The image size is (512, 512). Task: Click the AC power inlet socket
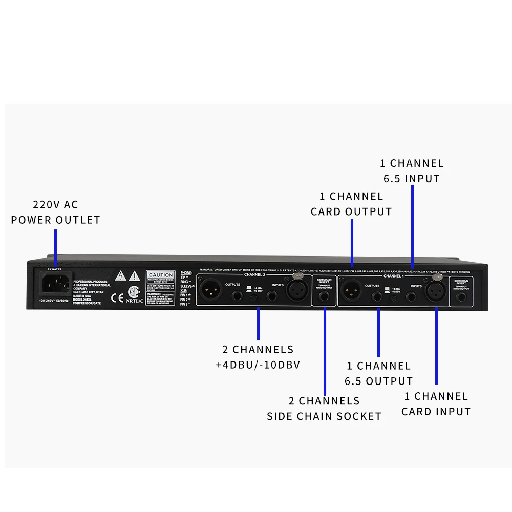coord(55,283)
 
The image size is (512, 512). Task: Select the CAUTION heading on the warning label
coord(160,275)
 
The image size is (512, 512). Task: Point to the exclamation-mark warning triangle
coord(135,275)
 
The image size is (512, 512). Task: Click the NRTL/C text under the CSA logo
coord(133,301)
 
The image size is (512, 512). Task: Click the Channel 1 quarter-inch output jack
coord(378,296)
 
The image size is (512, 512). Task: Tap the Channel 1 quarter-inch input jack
coord(411,296)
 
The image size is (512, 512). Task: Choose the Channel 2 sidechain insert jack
coord(324,296)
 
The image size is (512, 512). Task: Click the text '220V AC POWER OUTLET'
coord(55,212)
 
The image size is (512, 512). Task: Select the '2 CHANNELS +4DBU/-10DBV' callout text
coord(258,357)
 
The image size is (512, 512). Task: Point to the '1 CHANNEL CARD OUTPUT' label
coord(351,204)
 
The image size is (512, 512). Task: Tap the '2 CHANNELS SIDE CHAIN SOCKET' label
coord(324,408)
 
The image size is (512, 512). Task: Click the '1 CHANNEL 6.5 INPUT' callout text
coord(412,171)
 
